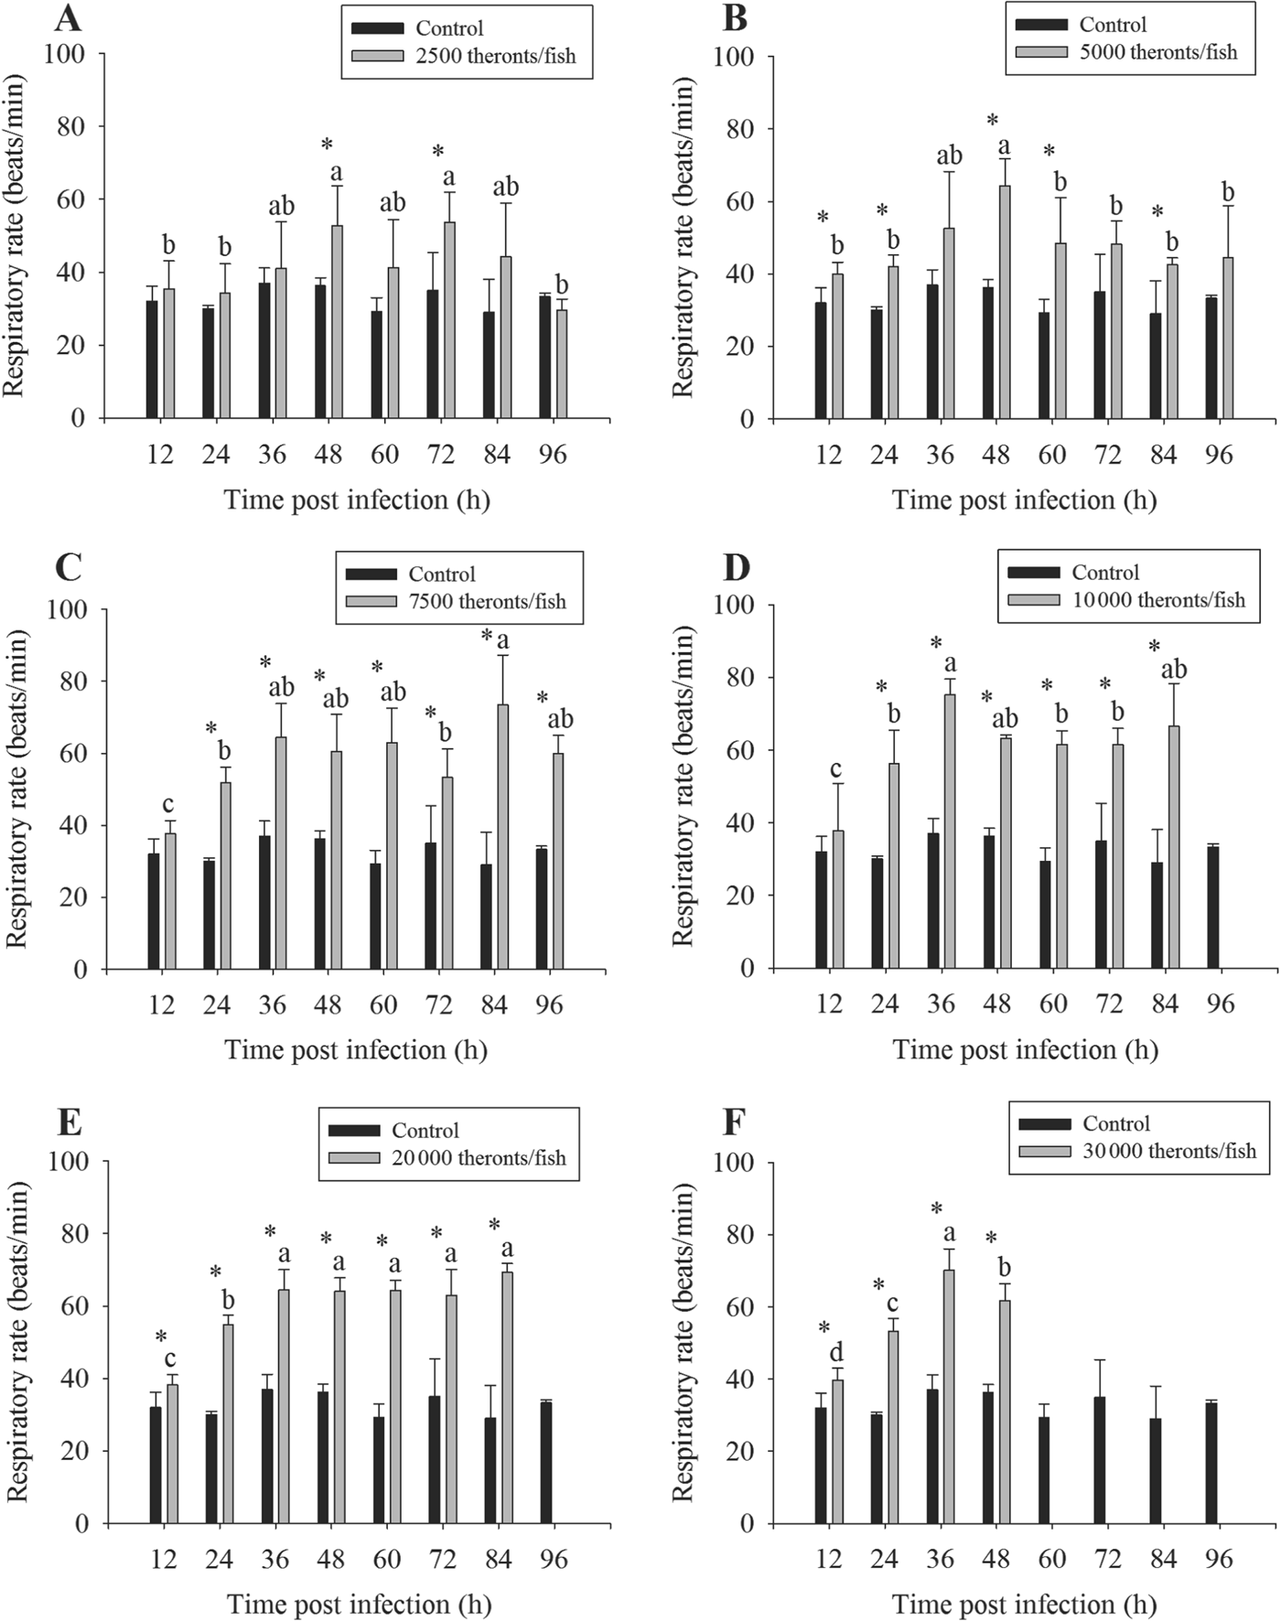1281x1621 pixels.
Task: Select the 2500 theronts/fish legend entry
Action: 495,56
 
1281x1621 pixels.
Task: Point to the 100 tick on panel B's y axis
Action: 734,57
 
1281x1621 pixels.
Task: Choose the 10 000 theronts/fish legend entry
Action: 1157,600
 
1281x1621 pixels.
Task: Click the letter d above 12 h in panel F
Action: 835,1352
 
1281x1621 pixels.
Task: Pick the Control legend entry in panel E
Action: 425,1131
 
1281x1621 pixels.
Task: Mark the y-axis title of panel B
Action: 684,236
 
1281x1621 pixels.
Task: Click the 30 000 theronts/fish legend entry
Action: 1168,1151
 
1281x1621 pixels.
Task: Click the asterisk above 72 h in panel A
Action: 437,152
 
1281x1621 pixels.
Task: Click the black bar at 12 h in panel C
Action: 153,911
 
